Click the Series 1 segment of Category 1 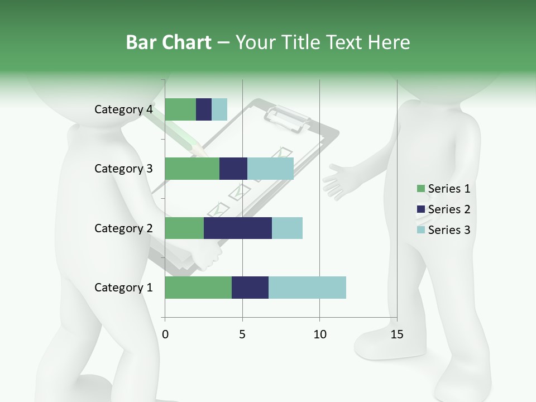click(198, 288)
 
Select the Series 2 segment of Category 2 click(238, 228)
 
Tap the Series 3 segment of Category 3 click(270, 169)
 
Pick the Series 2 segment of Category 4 click(204, 109)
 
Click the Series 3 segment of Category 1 click(307, 288)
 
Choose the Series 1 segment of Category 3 click(192, 169)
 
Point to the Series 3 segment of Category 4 click(219, 109)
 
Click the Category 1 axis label click(123, 288)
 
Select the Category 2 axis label click(123, 228)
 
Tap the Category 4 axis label click(123, 109)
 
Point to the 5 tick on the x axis click(242, 334)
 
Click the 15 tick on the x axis click(396, 334)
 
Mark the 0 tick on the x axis click(165, 334)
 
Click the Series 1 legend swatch click(420, 189)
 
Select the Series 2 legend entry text click(449, 209)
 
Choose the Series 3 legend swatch click(420, 230)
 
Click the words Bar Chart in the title click(168, 42)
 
